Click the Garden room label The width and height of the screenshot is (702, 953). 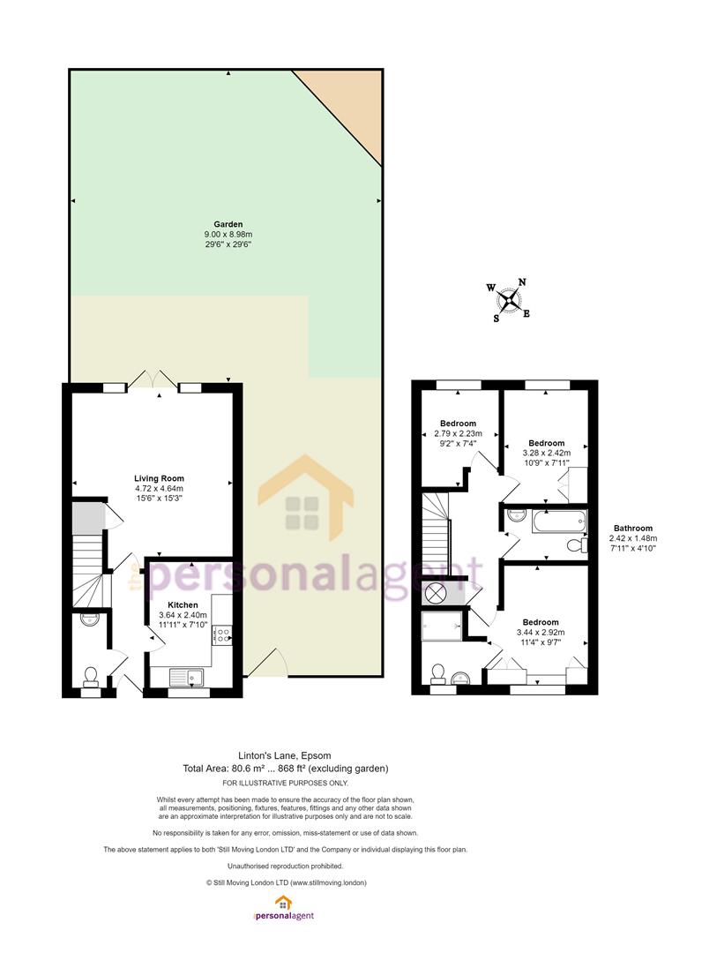(x=228, y=224)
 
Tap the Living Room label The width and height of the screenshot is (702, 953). (x=159, y=478)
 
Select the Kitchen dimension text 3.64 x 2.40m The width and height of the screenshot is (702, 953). (x=183, y=615)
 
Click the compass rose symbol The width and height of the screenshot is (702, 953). (x=509, y=300)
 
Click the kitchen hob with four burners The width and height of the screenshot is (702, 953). (x=221, y=635)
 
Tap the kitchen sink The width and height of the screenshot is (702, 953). (x=186, y=677)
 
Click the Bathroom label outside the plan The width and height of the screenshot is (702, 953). (x=633, y=529)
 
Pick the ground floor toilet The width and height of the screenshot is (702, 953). (x=91, y=676)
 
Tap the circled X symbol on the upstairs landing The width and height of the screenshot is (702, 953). (x=435, y=593)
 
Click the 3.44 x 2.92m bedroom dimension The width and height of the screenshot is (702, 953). (x=541, y=632)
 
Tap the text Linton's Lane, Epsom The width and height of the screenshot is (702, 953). (x=286, y=755)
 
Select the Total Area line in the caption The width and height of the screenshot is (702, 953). (x=286, y=769)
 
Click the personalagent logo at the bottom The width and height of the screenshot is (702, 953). (x=283, y=908)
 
